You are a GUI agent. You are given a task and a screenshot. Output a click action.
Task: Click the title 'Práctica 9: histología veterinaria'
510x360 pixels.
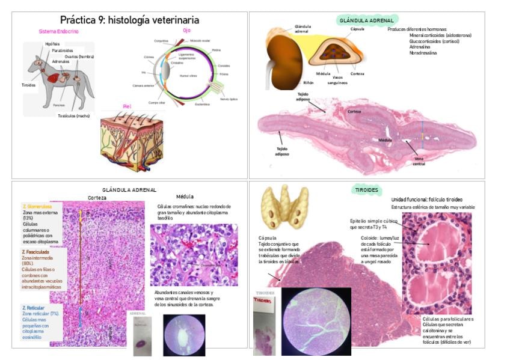tap(129, 20)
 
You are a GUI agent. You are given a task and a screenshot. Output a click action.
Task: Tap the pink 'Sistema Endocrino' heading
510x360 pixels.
tap(58, 31)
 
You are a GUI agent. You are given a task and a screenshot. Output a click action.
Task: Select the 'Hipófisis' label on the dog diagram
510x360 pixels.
tap(52, 44)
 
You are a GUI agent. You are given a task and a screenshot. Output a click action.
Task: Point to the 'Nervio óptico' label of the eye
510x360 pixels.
tap(229, 99)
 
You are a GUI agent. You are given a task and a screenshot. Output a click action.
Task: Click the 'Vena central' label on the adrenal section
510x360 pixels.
tap(419, 161)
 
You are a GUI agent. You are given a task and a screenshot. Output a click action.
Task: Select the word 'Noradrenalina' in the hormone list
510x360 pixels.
tap(423, 53)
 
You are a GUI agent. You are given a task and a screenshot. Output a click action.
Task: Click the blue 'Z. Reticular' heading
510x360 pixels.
tap(34, 308)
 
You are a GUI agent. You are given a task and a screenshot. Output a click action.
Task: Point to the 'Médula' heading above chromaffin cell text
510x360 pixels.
tap(185, 197)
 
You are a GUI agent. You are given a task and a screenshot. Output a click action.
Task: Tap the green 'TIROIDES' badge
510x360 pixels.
tap(367, 191)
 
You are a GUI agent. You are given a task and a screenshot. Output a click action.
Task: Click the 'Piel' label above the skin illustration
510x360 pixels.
tap(127, 106)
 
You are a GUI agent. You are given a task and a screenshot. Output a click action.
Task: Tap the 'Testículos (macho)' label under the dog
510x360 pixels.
tap(74, 115)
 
